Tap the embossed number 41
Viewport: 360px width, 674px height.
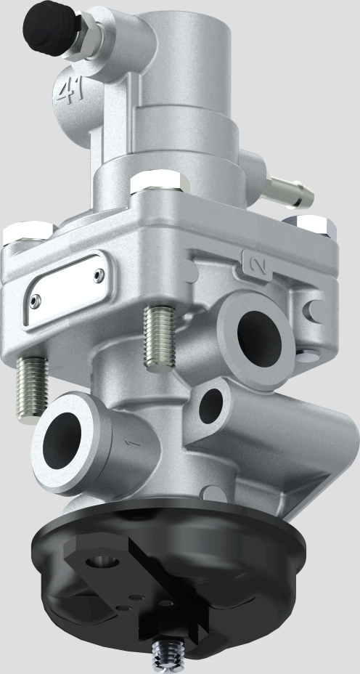tap(69, 93)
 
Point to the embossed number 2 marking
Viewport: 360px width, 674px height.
tap(253, 261)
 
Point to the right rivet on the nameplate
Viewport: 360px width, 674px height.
tap(99, 275)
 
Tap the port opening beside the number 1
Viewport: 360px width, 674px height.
tap(64, 442)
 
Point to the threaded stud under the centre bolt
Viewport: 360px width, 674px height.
tap(157, 336)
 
